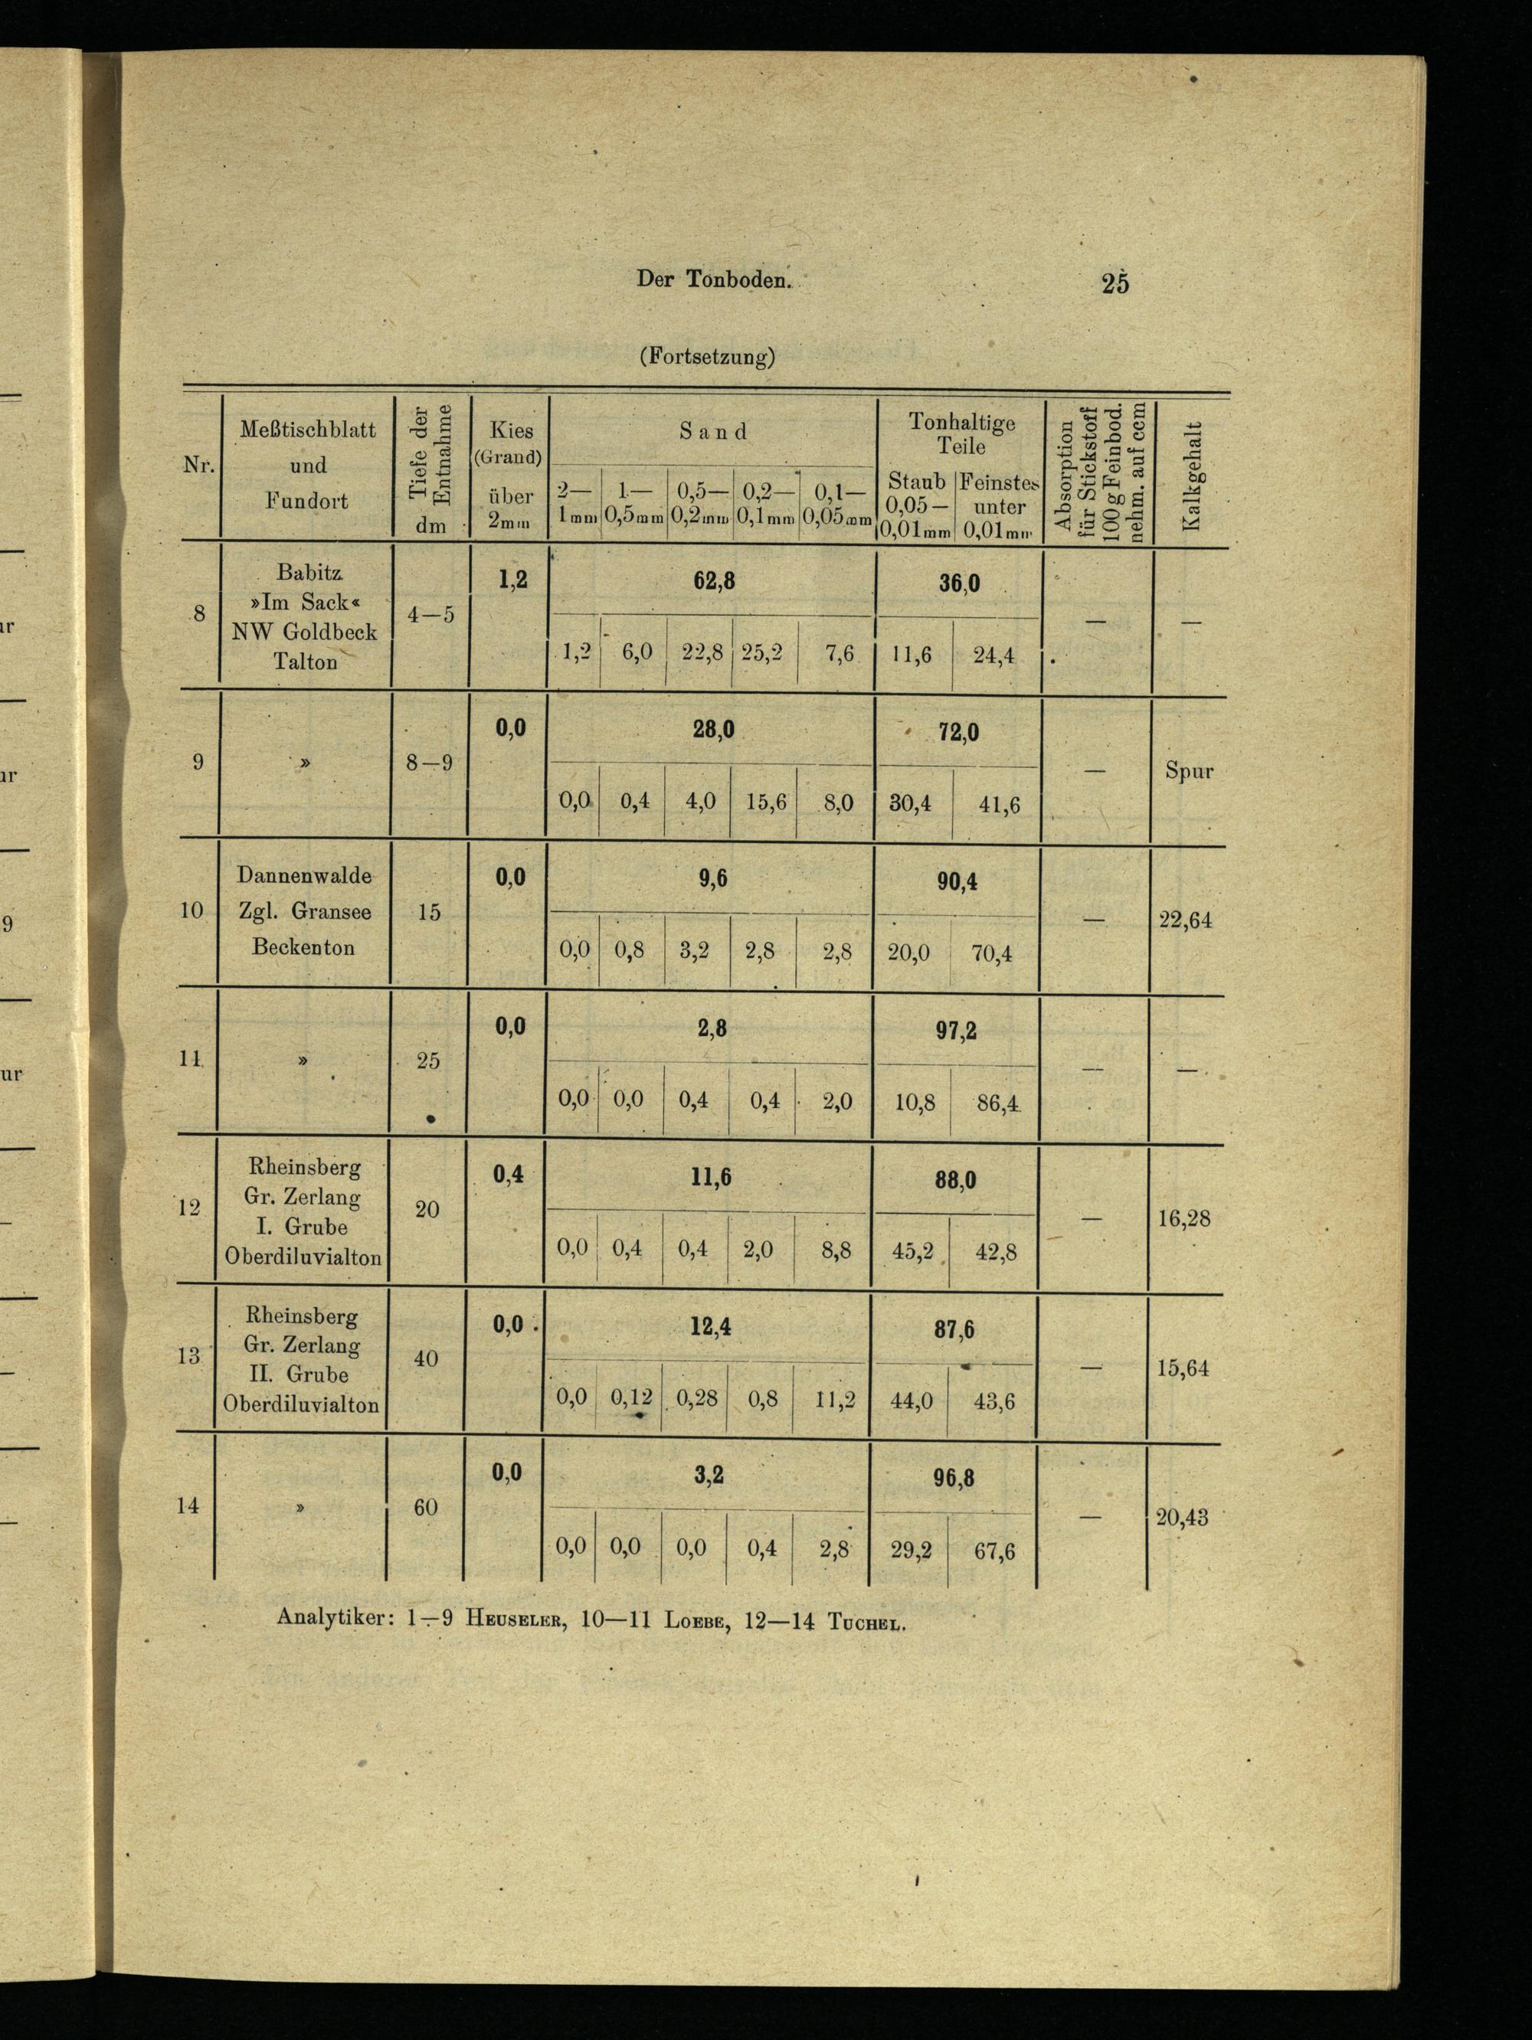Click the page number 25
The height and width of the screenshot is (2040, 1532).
tap(1115, 283)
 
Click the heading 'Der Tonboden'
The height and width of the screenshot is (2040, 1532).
tap(713, 280)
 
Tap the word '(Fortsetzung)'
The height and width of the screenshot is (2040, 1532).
tap(705, 357)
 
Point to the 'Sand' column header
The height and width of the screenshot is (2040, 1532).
tap(712, 430)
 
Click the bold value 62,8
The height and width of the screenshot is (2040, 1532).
tap(714, 581)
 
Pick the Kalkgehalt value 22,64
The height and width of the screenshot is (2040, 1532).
tap(1185, 920)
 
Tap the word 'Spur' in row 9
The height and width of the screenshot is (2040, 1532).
tap(1189, 771)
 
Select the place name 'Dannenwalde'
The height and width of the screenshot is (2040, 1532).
tap(304, 875)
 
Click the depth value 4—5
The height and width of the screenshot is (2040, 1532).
tap(430, 614)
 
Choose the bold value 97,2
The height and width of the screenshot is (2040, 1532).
tap(957, 1031)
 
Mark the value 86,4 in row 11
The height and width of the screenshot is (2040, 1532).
tap(995, 1102)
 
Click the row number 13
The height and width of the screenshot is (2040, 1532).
tap(188, 1355)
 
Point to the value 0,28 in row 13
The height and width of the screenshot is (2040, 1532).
tap(696, 1398)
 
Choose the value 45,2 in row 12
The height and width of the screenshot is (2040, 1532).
tap(912, 1251)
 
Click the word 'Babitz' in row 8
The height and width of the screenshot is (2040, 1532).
tap(308, 573)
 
